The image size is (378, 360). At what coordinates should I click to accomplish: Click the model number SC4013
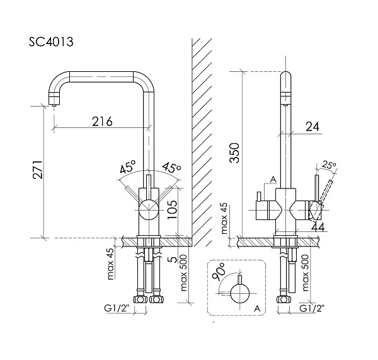51,42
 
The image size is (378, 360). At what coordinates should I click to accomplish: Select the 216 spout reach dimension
102,122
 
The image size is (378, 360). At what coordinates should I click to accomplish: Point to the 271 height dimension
38,170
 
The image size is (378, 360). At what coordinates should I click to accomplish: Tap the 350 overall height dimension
234,153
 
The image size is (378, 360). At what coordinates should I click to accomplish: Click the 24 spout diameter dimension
312,126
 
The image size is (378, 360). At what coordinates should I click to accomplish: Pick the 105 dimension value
173,206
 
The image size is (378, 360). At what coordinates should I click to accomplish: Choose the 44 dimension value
318,226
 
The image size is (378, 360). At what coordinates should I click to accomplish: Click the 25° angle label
329,165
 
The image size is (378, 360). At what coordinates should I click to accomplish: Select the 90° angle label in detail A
218,272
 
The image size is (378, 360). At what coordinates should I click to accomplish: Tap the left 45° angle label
128,166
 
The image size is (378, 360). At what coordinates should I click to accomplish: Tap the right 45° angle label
171,167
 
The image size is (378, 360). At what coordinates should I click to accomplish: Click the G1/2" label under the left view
117,308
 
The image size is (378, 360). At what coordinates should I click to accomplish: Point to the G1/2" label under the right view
312,308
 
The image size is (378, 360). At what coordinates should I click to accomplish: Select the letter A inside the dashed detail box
257,308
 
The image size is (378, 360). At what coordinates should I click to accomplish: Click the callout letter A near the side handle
273,179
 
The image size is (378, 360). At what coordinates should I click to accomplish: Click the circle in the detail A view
240,293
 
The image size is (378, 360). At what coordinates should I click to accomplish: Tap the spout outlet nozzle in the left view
54,100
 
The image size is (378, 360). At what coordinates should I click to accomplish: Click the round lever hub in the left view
149,209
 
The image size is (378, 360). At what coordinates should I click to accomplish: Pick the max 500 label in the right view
305,272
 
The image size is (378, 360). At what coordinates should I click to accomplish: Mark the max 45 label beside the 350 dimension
224,218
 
